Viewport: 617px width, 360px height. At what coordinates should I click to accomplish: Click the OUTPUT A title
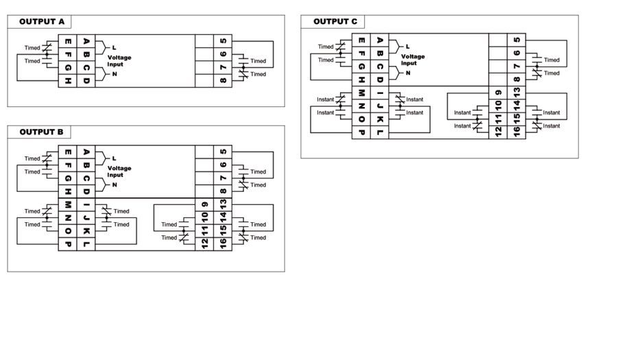42,22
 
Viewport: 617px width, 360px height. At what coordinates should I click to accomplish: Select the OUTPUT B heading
41,132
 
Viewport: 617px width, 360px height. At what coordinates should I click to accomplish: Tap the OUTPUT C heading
335,22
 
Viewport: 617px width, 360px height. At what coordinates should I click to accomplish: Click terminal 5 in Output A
223,41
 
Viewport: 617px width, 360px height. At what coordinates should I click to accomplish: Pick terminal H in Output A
68,81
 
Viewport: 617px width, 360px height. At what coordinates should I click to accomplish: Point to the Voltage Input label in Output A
119,60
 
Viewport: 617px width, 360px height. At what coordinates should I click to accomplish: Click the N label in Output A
114,74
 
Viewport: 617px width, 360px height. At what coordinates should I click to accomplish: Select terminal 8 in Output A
223,81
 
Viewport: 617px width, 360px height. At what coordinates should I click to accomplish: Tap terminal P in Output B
68,244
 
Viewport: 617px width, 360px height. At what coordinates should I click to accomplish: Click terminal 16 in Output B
223,244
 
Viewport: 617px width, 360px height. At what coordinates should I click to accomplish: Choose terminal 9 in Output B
204,204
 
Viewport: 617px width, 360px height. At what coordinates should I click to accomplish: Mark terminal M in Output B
68,204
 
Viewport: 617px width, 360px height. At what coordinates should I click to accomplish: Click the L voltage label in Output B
114,158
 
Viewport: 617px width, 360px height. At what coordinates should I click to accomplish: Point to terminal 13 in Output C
517,93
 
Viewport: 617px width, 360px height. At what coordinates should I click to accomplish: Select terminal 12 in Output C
498,132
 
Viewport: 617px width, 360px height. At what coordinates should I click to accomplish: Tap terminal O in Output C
361,119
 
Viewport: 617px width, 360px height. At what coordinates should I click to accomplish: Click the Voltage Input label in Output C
413,60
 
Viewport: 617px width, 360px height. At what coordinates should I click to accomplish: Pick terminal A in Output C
380,40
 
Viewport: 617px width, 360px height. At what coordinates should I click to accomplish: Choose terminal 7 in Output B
223,178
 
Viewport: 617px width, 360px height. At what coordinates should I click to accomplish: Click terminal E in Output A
68,41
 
